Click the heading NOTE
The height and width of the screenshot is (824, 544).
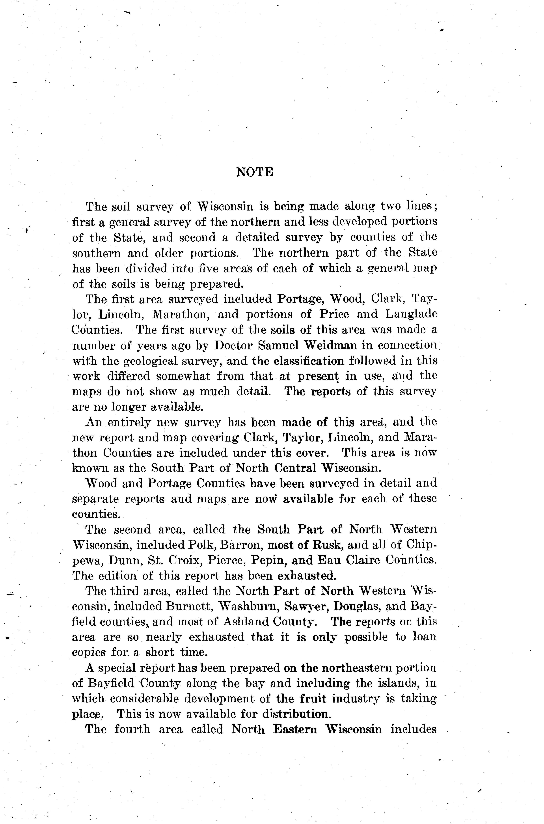255,172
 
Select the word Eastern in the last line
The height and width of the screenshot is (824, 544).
295,729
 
